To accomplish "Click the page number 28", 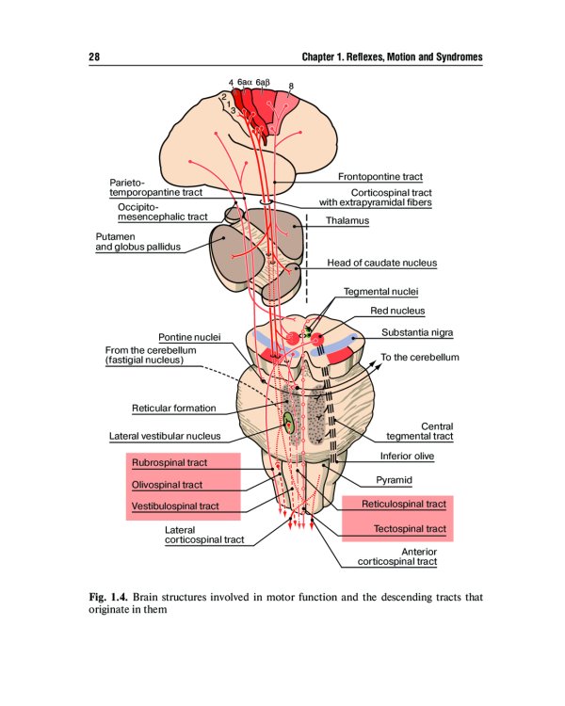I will click(94, 58).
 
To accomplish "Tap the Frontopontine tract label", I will click(379, 176).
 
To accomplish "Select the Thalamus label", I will click(347, 221).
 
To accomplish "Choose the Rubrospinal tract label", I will click(169, 463).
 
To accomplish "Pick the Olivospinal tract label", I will click(167, 485).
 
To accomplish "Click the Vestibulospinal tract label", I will click(175, 506).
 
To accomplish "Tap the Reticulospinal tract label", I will click(404, 505).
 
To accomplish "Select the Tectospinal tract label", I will click(410, 529).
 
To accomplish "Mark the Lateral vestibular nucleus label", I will click(165, 436).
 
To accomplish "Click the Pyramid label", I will click(394, 480).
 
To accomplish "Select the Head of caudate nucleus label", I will click(381, 263).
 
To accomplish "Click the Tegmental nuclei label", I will click(380, 292).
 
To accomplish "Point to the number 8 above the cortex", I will click(290, 87).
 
